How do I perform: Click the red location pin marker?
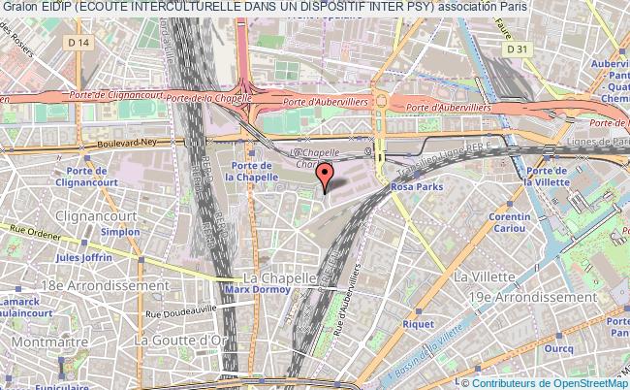[325, 177]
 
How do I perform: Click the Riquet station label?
[419, 325]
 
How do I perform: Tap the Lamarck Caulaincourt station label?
[27, 309]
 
